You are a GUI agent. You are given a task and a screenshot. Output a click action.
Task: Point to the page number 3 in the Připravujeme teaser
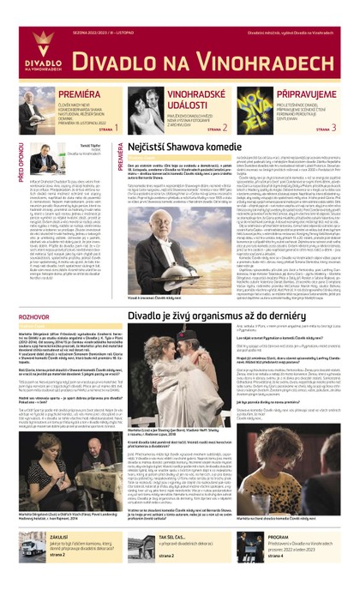click(333, 128)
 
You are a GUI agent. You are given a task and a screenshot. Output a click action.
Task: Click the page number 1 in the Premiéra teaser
click(114, 128)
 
